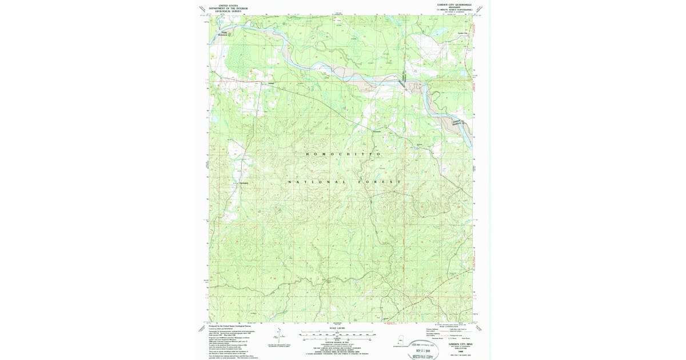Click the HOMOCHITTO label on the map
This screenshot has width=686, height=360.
coord(343,154)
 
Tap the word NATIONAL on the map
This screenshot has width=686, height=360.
coord(309,182)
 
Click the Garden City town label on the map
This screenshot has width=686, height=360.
coord(462,33)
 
